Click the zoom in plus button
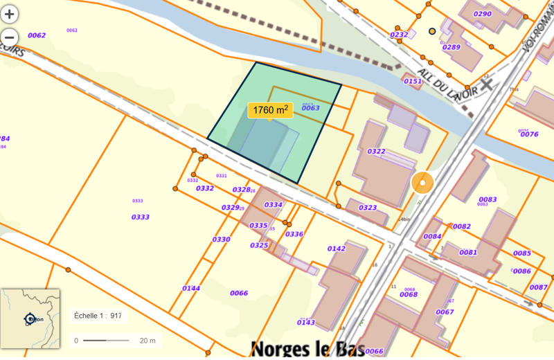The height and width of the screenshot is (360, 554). [10, 13]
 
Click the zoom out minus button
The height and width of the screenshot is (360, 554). [10, 37]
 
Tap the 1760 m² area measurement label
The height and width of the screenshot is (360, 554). [270, 110]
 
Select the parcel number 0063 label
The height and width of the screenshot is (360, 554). [310, 107]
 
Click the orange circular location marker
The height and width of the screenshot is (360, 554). [422, 183]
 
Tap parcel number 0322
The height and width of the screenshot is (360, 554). [377, 151]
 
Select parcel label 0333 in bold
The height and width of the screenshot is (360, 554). [141, 217]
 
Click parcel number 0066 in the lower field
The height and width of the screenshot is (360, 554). [239, 293]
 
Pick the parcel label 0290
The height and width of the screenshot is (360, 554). [482, 14]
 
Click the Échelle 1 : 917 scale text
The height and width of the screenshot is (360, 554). [98, 316]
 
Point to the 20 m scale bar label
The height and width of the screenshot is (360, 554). [147, 340]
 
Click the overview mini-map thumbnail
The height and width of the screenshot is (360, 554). [30, 318]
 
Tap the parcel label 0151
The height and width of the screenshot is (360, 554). [413, 81]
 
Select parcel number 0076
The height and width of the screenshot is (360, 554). [529, 134]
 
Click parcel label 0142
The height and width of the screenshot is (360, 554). [337, 249]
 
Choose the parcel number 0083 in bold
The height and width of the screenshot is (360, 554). [488, 199]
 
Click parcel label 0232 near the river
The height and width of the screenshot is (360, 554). [399, 34]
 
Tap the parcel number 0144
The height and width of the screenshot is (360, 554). [191, 288]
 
